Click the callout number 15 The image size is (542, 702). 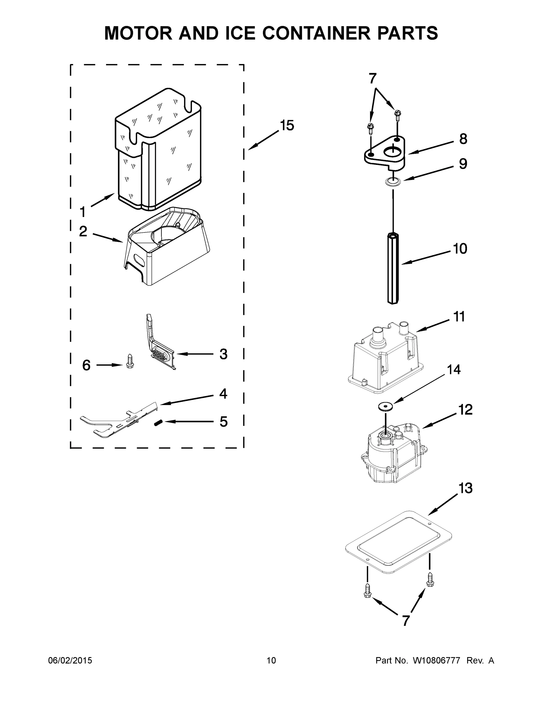tap(287, 125)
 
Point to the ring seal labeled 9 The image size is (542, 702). tap(393, 182)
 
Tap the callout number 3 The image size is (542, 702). tap(224, 354)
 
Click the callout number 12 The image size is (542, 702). tap(465, 409)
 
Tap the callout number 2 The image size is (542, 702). tap(83, 231)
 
